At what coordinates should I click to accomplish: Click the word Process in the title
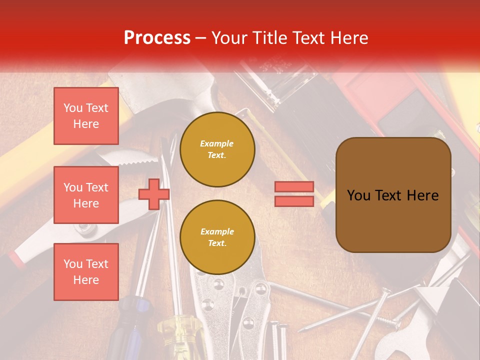point(157,38)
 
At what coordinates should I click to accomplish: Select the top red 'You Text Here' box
point(86,116)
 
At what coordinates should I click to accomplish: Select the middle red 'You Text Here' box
point(86,195)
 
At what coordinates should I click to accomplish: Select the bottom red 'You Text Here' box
point(86,271)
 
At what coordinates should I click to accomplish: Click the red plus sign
point(153,194)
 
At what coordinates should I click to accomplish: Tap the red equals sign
point(294,194)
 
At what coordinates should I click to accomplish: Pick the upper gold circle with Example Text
point(217,149)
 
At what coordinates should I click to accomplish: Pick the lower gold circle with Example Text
point(217,237)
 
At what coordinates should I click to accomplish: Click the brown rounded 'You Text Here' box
point(393,194)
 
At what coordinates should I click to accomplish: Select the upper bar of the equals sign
point(294,187)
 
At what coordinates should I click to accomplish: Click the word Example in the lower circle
point(217,231)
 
